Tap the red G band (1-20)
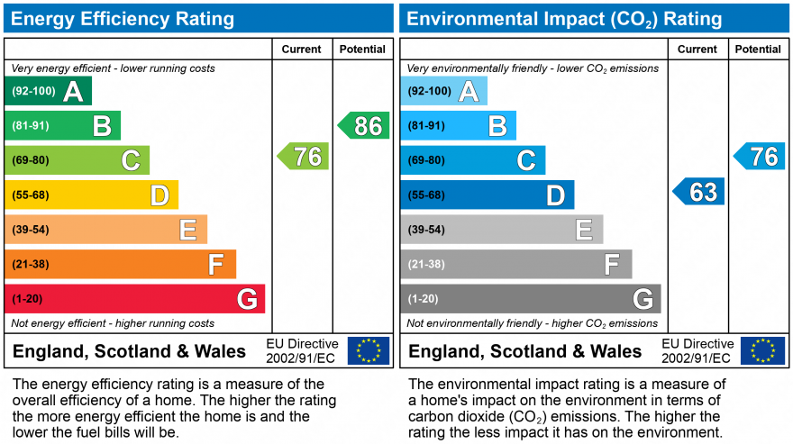point(134,299)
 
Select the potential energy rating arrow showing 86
point(364,125)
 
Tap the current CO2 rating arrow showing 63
point(699,191)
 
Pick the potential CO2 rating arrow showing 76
point(760,156)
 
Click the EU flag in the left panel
point(369,350)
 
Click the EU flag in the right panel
point(762,350)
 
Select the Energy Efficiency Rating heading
point(123,18)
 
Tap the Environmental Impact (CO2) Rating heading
point(565,18)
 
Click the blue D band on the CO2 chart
point(487,195)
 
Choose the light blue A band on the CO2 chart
point(443,91)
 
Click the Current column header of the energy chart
point(302,50)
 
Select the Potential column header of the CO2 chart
point(757,50)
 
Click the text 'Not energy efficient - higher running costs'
point(113,323)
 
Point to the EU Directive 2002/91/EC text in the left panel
point(302,351)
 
